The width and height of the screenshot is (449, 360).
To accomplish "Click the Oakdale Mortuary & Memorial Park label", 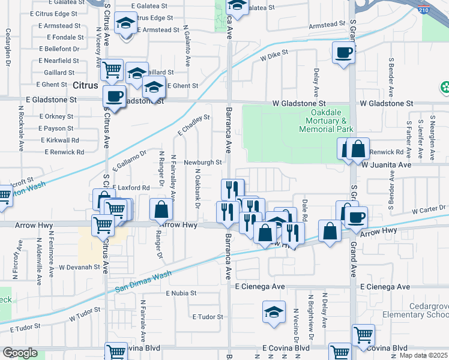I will click(325, 121).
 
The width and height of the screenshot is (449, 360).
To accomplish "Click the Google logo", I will click(20, 353).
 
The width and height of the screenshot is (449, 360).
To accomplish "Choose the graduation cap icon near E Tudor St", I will click(274, 313).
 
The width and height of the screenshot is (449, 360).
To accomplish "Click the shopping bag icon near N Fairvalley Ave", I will click(161, 210).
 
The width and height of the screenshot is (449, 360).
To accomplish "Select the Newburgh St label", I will click(203, 162).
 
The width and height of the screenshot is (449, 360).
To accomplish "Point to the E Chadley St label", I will click(193, 125).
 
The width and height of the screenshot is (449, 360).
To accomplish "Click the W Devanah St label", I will click(79, 266).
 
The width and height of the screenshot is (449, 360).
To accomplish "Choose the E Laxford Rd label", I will click(130, 188).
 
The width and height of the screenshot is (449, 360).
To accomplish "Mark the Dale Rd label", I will click(304, 209).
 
